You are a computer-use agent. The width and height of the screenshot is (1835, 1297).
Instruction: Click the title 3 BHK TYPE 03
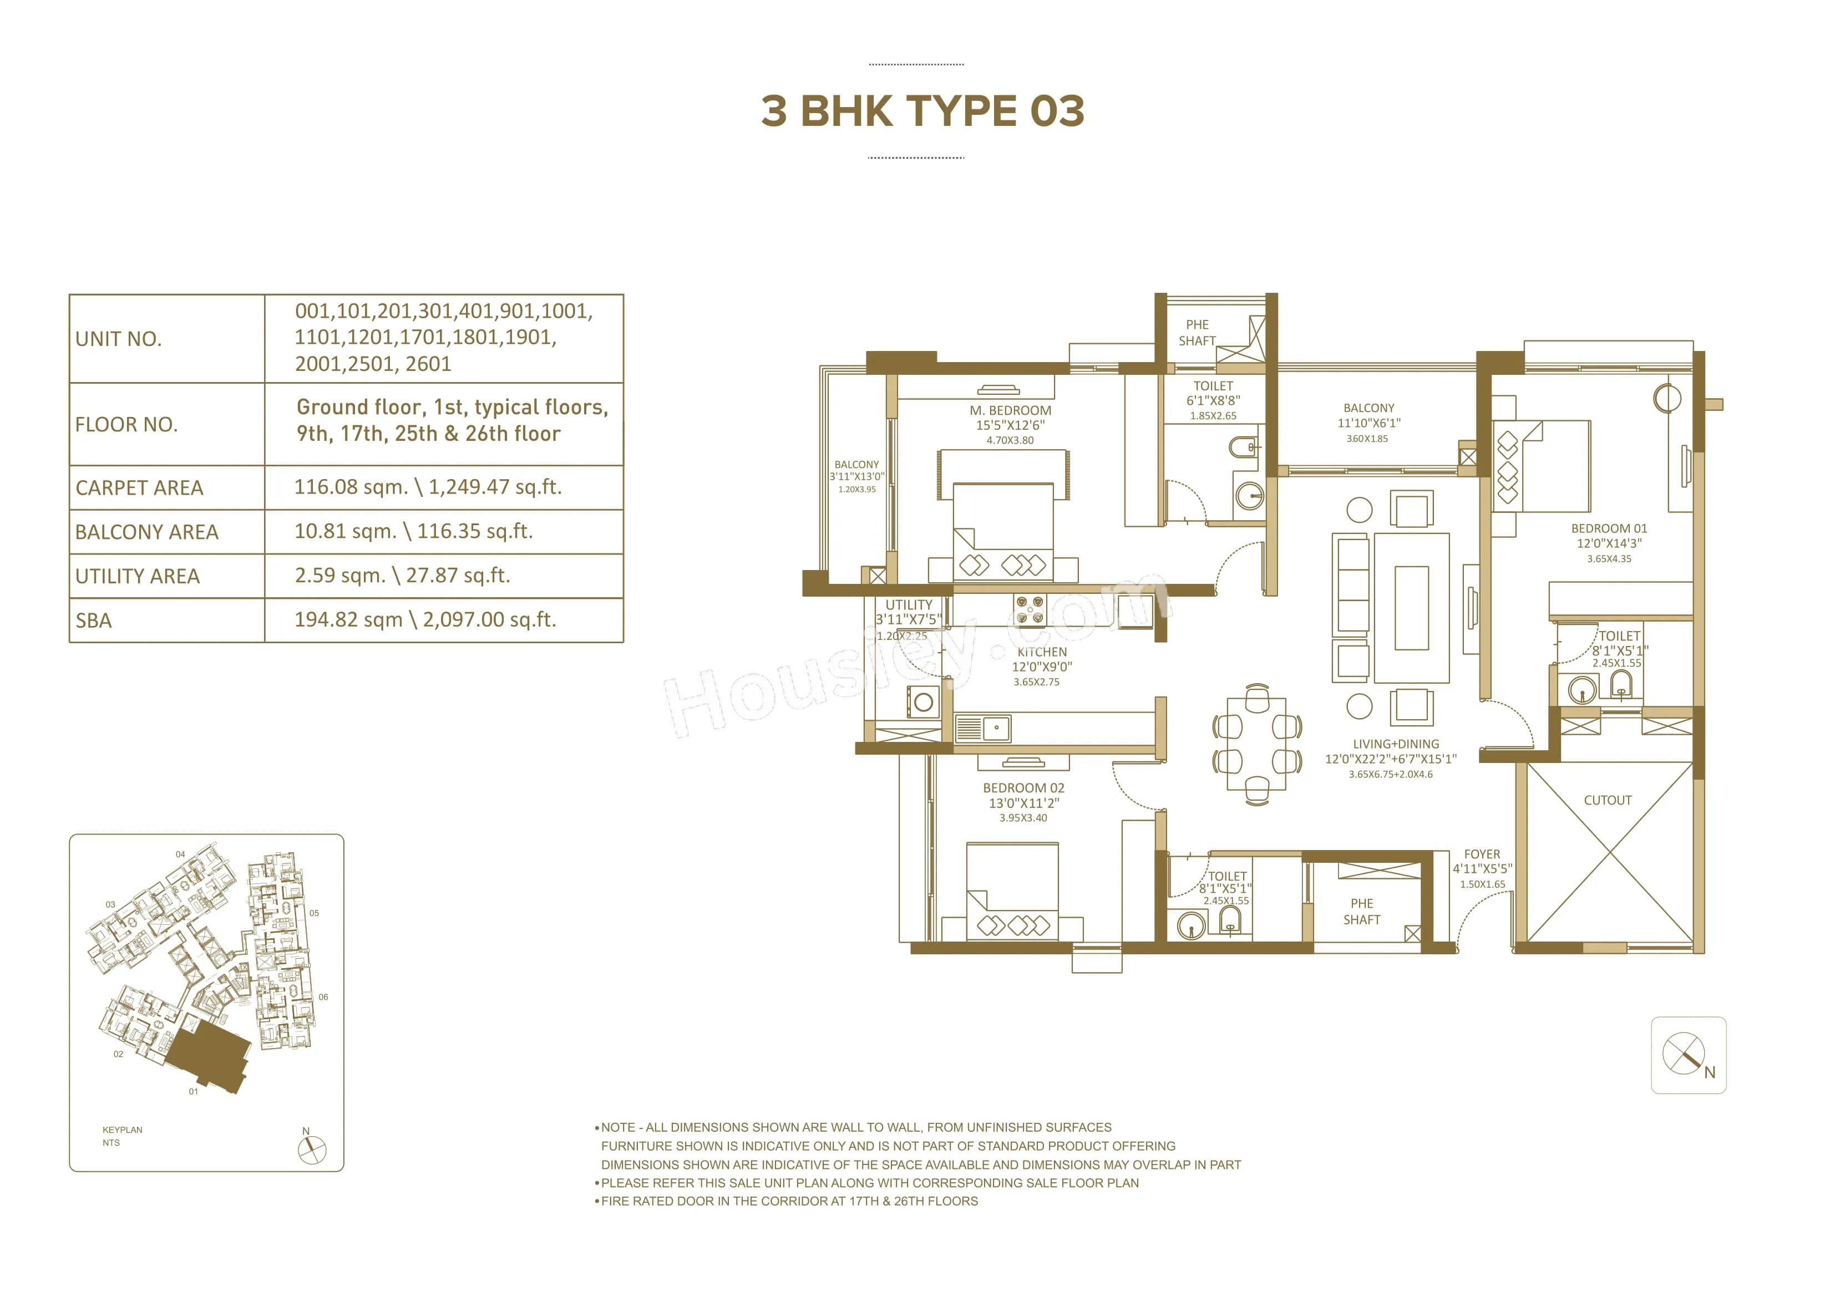922,111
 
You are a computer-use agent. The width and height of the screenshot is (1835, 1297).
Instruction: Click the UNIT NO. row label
118,339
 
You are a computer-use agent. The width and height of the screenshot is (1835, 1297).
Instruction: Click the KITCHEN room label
1041,652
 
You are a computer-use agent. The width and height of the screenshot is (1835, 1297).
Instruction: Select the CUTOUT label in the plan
1607,800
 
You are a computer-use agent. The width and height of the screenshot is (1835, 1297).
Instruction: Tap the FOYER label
1482,855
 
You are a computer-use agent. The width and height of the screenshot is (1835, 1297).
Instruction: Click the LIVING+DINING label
1396,744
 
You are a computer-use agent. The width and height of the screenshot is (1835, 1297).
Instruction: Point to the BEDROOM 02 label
1023,788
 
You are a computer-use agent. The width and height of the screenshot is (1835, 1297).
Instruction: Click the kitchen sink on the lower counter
983,729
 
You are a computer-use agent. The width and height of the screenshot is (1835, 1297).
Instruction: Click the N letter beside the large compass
1710,1072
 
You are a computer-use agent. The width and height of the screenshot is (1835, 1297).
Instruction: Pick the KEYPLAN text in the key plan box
122,1130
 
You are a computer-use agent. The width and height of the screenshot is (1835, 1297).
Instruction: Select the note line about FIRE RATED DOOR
789,1201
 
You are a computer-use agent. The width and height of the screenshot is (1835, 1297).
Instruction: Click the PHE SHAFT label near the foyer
1361,912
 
